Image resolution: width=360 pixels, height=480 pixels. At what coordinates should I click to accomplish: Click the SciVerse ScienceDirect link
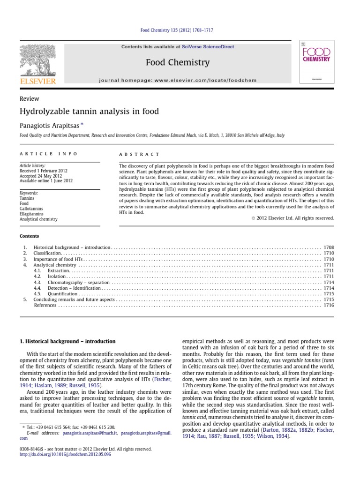tap(208, 47)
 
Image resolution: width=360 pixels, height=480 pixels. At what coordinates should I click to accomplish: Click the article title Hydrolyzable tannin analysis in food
tap(89, 111)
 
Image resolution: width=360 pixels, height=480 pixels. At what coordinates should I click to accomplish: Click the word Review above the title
tap(29, 98)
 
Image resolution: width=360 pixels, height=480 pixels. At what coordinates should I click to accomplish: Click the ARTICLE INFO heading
tap(48, 153)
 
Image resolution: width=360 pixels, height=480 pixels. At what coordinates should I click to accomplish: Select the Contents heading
tap(29, 236)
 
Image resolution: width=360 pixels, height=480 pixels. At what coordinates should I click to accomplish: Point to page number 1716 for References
tap(329, 305)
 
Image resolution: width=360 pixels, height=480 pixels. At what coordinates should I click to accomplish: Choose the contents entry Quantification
tap(62, 294)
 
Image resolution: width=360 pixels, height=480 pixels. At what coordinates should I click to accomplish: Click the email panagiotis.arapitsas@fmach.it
tap(91, 434)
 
